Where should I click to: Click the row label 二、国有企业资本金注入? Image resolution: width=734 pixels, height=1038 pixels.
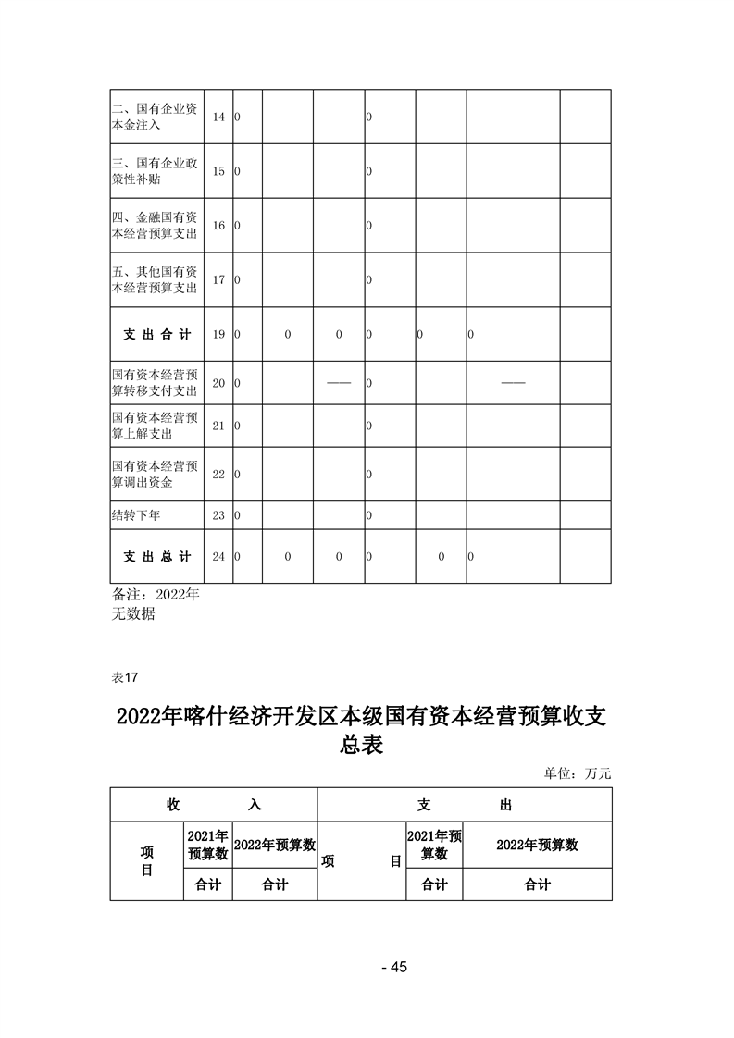tap(154, 117)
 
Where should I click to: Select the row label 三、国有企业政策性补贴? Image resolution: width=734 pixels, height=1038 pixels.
tap(154, 171)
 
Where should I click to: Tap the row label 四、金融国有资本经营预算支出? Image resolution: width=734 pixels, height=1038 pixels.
tap(154, 225)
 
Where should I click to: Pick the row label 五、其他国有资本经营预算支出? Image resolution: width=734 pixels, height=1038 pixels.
tap(154, 279)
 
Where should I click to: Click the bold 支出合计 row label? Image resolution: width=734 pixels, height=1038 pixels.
tap(156, 334)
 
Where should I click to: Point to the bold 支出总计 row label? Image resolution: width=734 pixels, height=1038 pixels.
tap(156, 557)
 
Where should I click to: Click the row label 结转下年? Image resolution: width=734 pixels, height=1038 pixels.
tap(135, 514)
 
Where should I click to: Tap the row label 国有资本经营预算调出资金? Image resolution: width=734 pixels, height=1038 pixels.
tap(154, 474)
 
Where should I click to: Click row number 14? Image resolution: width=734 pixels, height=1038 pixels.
tap(218, 117)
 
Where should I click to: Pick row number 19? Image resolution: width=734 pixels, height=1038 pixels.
tap(218, 334)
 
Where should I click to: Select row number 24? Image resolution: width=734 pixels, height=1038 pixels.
tap(218, 557)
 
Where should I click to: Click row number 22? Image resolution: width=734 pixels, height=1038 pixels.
tap(218, 475)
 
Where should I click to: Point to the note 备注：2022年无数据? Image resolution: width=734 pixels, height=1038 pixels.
tap(155, 603)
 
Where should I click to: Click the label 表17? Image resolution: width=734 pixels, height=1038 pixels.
tap(124, 677)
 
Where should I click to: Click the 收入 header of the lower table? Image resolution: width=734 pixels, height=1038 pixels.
tap(213, 805)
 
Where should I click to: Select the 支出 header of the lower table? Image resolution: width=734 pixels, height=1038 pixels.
tap(464, 805)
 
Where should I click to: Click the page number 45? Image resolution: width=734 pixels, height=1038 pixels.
tap(394, 968)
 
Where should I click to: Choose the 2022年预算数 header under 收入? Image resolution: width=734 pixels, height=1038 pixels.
tap(274, 845)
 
